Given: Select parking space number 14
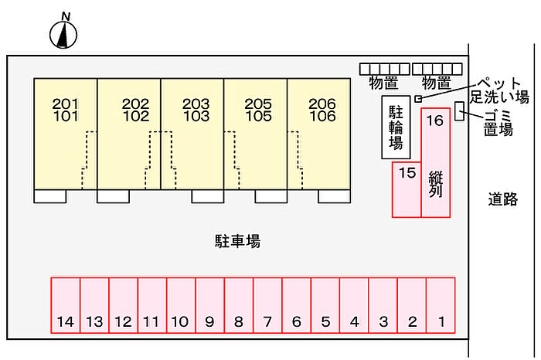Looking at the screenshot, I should point(66,305).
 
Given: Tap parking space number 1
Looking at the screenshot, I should point(441,305).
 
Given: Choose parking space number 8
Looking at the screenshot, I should point(239,305).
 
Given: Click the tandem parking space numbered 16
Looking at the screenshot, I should point(435,162).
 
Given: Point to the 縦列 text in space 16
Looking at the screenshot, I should point(435,185).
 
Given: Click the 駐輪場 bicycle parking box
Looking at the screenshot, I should point(396,127).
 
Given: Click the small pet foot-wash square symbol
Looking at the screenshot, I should point(418,99).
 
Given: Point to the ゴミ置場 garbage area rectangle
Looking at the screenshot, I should point(459,111).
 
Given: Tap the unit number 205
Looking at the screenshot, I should point(258,104).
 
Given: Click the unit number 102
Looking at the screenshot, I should point(135,117).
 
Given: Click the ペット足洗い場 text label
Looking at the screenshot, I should point(500,90).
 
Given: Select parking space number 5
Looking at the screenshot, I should point(325,305).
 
